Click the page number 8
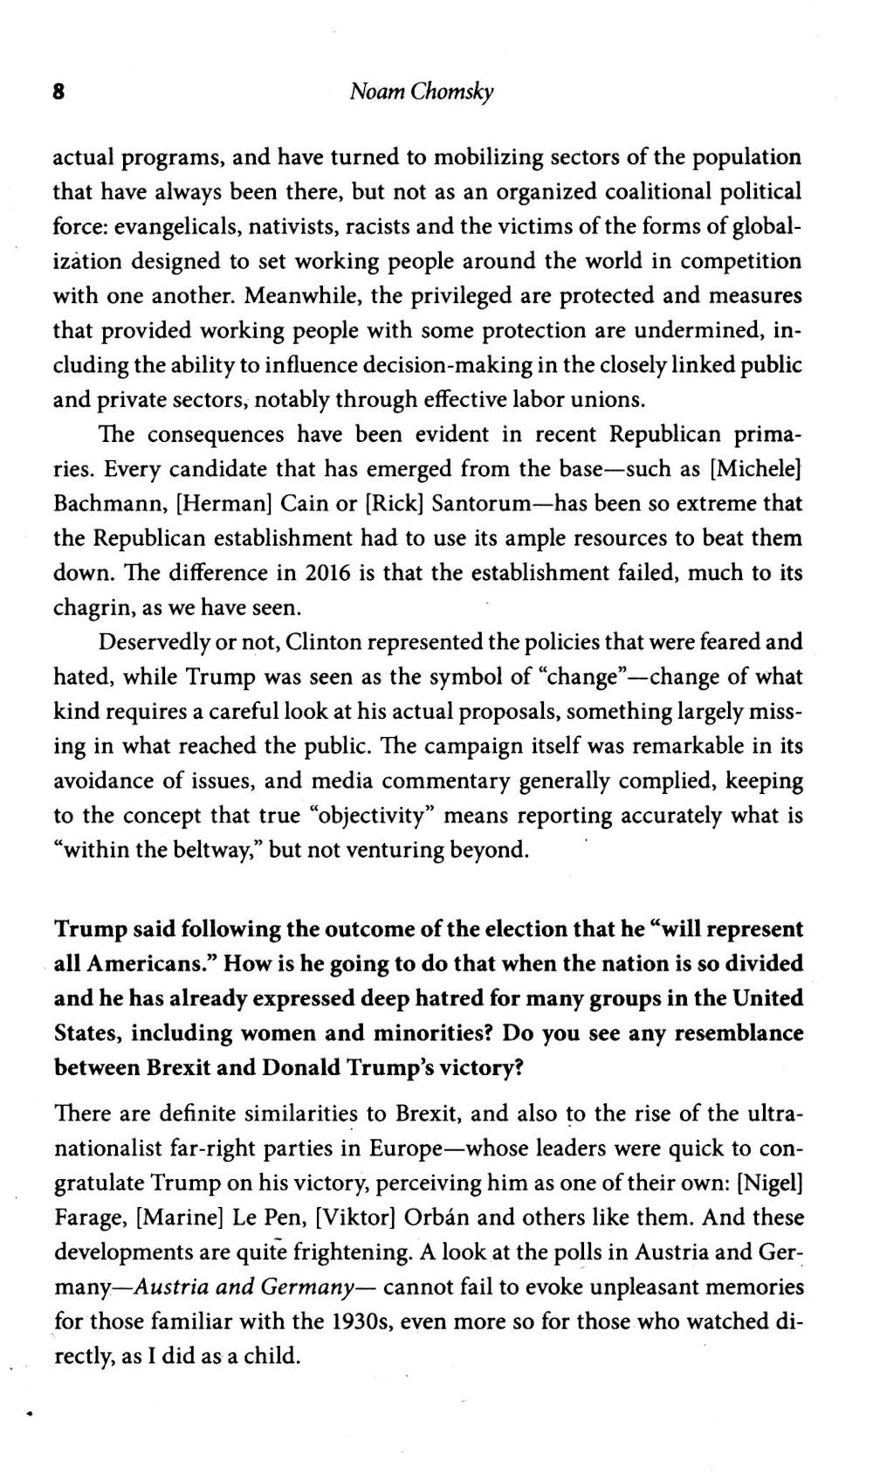(59, 92)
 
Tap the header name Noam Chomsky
(421, 93)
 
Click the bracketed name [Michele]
(757, 469)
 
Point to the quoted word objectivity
(377, 816)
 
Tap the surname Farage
(92, 1217)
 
